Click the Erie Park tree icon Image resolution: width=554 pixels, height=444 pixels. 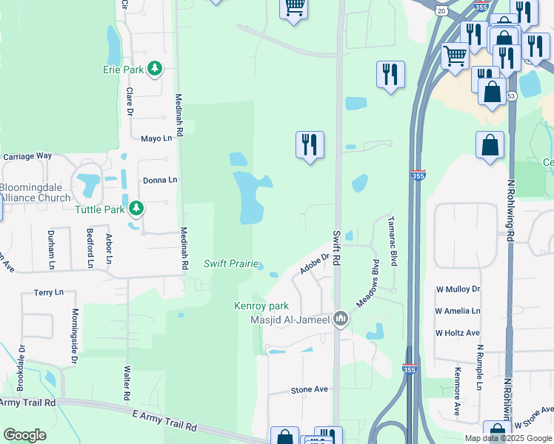click(154, 70)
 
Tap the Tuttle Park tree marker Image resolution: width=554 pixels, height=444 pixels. click(136, 209)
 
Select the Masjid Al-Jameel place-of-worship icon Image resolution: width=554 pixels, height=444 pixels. click(340, 318)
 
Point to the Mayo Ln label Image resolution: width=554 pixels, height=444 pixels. click(161, 138)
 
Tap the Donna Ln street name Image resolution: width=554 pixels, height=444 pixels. click(160, 180)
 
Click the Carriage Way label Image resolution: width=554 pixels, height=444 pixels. click(27, 157)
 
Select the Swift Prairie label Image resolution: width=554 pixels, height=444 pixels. click(231, 264)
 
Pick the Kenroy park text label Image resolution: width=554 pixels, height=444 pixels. click(261, 306)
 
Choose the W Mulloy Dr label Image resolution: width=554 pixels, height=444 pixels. click(458, 289)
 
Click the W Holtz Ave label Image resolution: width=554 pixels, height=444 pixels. click(457, 333)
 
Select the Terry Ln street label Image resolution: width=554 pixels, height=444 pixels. click(49, 293)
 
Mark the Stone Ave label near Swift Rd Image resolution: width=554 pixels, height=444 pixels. click(309, 389)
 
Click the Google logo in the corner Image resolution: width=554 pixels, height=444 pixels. click(24, 435)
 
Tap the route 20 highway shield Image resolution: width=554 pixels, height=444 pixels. click(441, 10)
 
